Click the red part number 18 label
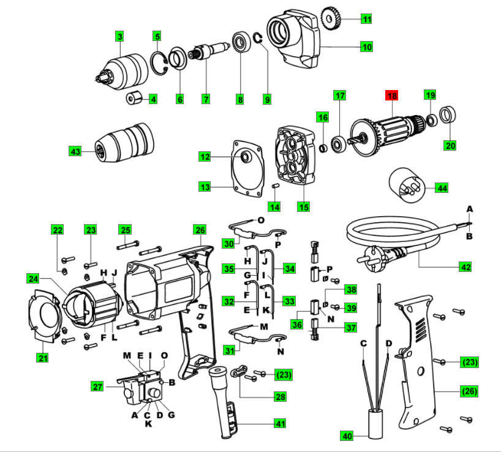pos(391,96)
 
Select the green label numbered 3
pos(120,36)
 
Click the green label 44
pos(442,188)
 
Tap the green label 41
pos(281,423)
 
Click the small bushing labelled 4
pos(134,98)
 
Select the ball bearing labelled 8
pos(241,45)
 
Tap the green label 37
pos(351,328)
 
